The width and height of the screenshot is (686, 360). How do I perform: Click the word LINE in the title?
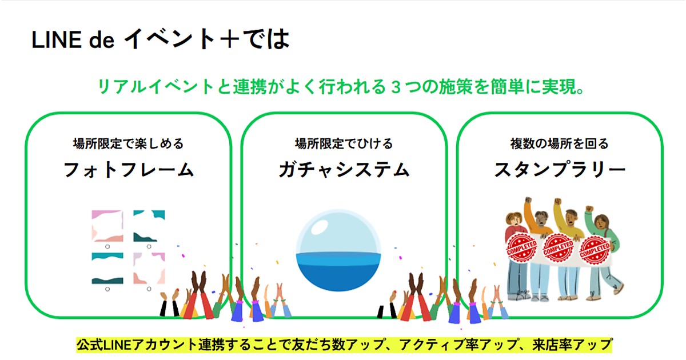57,40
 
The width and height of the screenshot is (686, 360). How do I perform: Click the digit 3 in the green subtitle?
396,87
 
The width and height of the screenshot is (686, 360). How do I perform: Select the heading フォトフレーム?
129,170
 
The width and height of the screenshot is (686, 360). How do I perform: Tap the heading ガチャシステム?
344,170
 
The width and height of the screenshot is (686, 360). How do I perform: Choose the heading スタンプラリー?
560,169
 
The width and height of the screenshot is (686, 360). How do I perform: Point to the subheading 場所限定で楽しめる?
128,143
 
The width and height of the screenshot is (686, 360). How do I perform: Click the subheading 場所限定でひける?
344,143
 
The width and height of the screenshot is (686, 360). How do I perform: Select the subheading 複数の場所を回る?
559,143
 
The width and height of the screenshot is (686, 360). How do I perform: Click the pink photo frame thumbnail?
107,226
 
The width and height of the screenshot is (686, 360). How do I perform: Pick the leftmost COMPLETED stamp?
521,248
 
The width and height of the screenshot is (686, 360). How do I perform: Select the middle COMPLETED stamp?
558,248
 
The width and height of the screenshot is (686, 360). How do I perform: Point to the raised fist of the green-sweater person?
589,209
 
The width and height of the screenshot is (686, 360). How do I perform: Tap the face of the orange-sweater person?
542,218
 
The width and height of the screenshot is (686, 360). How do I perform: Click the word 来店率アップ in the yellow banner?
572,345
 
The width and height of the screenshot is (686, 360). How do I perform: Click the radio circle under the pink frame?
107,247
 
